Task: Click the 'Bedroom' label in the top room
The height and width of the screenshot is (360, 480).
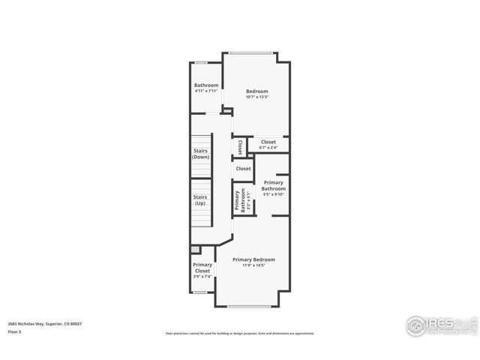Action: click(x=256, y=91)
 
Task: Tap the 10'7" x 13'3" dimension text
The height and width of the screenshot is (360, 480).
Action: click(x=256, y=97)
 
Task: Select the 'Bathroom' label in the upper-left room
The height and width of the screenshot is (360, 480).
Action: click(x=206, y=85)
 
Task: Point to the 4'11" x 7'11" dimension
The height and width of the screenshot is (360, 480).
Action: click(x=206, y=91)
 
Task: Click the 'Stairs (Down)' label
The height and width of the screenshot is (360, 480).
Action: click(x=200, y=154)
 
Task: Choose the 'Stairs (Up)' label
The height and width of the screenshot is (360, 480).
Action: click(x=200, y=199)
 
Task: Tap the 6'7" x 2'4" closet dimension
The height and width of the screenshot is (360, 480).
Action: click(x=268, y=148)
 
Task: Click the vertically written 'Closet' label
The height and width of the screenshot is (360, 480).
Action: click(x=239, y=147)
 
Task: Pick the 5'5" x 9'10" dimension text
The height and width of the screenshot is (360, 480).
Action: click(x=273, y=195)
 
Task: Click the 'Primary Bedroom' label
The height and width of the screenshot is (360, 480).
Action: click(x=253, y=259)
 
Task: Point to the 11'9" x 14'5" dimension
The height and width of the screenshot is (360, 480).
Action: click(x=253, y=265)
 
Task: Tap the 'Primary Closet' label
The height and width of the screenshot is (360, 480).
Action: click(x=202, y=268)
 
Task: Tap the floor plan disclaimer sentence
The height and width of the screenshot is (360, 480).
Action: click(x=239, y=333)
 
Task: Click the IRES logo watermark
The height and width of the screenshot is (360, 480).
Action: click(x=440, y=325)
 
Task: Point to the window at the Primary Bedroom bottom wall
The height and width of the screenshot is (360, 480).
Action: click(x=247, y=306)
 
